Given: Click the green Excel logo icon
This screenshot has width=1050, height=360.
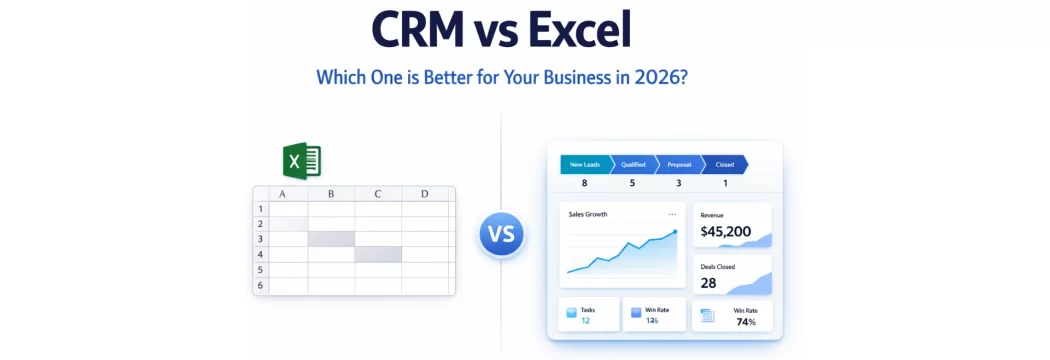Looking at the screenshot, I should point(302,162).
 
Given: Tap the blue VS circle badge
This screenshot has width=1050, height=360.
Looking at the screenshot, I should point(501,236).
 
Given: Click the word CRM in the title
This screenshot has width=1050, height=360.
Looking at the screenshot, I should point(419,31).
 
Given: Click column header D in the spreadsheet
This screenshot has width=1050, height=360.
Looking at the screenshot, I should point(425,194).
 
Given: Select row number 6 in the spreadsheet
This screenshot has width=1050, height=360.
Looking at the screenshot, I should point(260,285).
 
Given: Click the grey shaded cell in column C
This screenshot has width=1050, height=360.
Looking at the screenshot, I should point(378,255).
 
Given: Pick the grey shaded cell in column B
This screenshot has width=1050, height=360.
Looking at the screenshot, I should point(331,239).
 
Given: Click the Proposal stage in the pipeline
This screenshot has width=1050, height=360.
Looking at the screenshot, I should point(679,165).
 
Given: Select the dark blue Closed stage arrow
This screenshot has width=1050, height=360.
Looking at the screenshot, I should point(725,165).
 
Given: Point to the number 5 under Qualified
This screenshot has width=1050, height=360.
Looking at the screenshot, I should point(632,183).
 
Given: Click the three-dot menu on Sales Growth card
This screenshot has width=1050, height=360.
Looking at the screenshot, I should point(672,214).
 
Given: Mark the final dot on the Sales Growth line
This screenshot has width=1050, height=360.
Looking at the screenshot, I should point(675,232).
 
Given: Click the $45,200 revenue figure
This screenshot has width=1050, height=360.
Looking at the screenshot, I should point(726,232).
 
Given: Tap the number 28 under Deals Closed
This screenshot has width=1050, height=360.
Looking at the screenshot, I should point(708,283).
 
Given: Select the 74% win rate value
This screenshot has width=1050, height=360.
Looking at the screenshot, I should point(745,322).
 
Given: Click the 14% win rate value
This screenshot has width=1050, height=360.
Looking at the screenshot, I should point(652,321).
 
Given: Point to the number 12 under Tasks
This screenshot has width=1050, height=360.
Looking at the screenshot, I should point(585,321).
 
